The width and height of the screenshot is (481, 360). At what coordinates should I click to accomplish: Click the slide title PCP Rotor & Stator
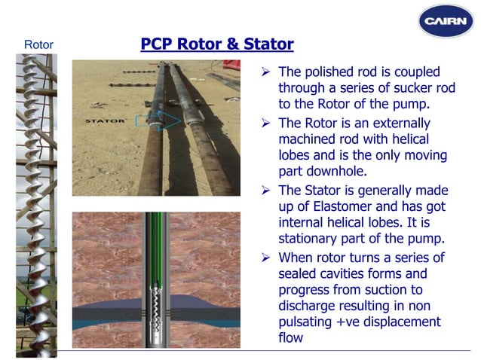point(217,44)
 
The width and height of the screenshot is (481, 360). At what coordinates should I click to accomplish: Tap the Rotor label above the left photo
point(39,45)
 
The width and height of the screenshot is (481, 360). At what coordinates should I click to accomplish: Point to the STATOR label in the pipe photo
point(105,121)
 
